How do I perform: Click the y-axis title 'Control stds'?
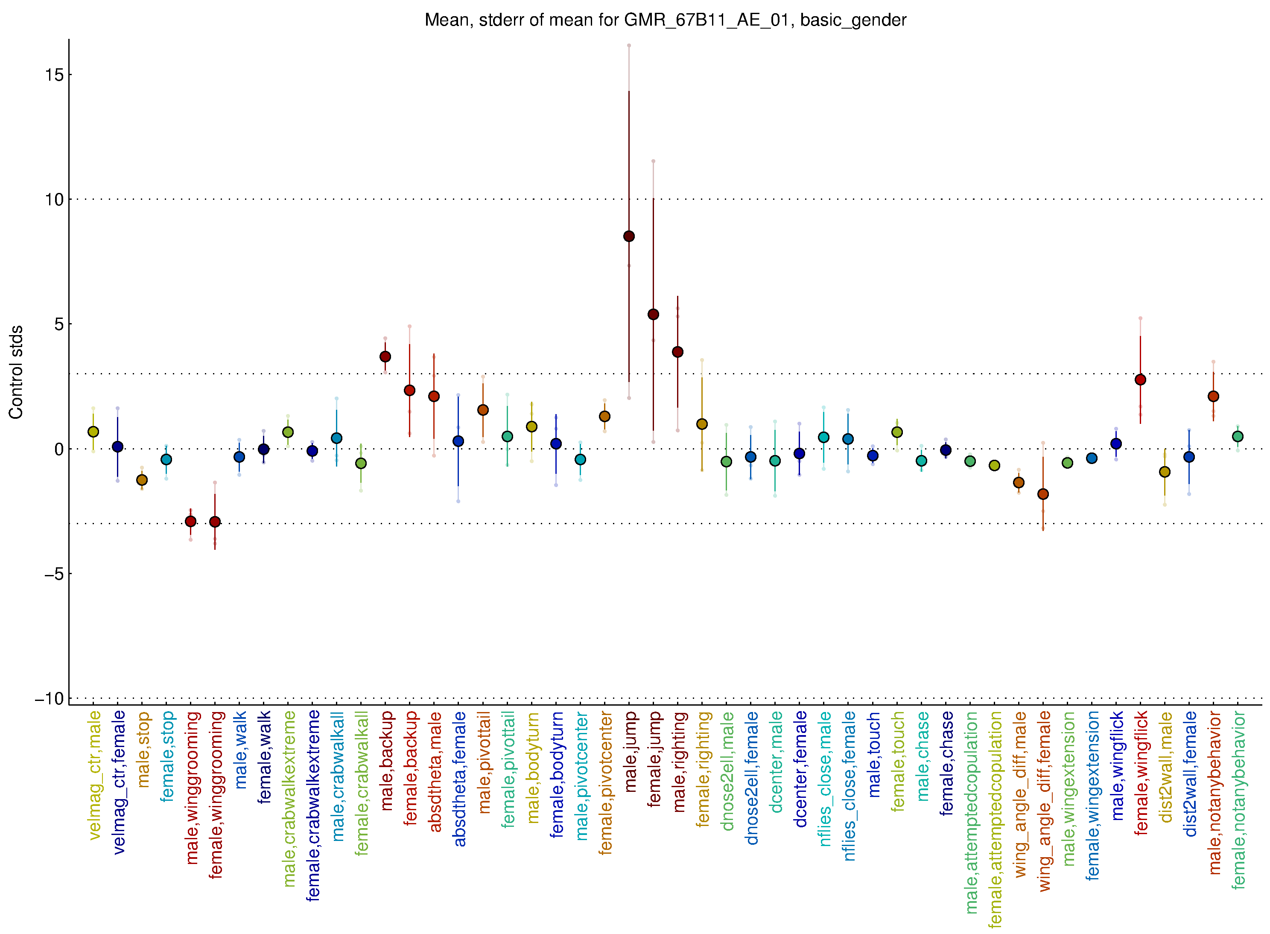16,372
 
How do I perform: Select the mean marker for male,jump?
629,236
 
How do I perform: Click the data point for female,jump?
653,314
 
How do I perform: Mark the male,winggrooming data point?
190,521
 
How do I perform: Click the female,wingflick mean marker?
1140,379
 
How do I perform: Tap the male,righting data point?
677,352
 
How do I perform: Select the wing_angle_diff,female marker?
1043,494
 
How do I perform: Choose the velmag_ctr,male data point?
93,432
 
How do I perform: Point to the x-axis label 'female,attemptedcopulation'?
995,819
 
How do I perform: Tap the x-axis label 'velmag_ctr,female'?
119,782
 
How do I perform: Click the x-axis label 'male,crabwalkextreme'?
289,798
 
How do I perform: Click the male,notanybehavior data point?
1213,396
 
